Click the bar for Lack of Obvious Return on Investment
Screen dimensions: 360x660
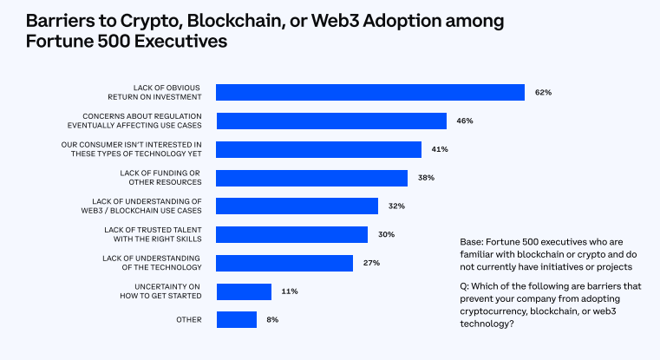click(369, 92)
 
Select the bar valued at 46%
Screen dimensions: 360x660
click(330, 121)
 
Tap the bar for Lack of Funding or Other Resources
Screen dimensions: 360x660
click(311, 178)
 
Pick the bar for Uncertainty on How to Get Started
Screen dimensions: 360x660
click(243, 291)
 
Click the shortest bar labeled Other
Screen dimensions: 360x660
click(236, 320)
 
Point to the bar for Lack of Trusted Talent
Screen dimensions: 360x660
click(291, 234)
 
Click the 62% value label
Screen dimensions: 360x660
click(544, 92)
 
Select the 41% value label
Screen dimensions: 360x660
click(439, 149)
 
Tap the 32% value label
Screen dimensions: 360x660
click(396, 206)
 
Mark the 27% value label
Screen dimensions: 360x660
click(371, 263)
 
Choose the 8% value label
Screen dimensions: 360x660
click(272, 320)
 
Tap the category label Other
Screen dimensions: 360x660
click(188, 320)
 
